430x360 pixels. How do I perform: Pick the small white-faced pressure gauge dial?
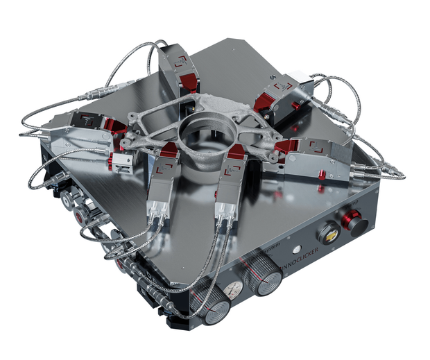[x=234, y=289]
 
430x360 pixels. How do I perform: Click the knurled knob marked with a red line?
[x=267, y=279]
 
